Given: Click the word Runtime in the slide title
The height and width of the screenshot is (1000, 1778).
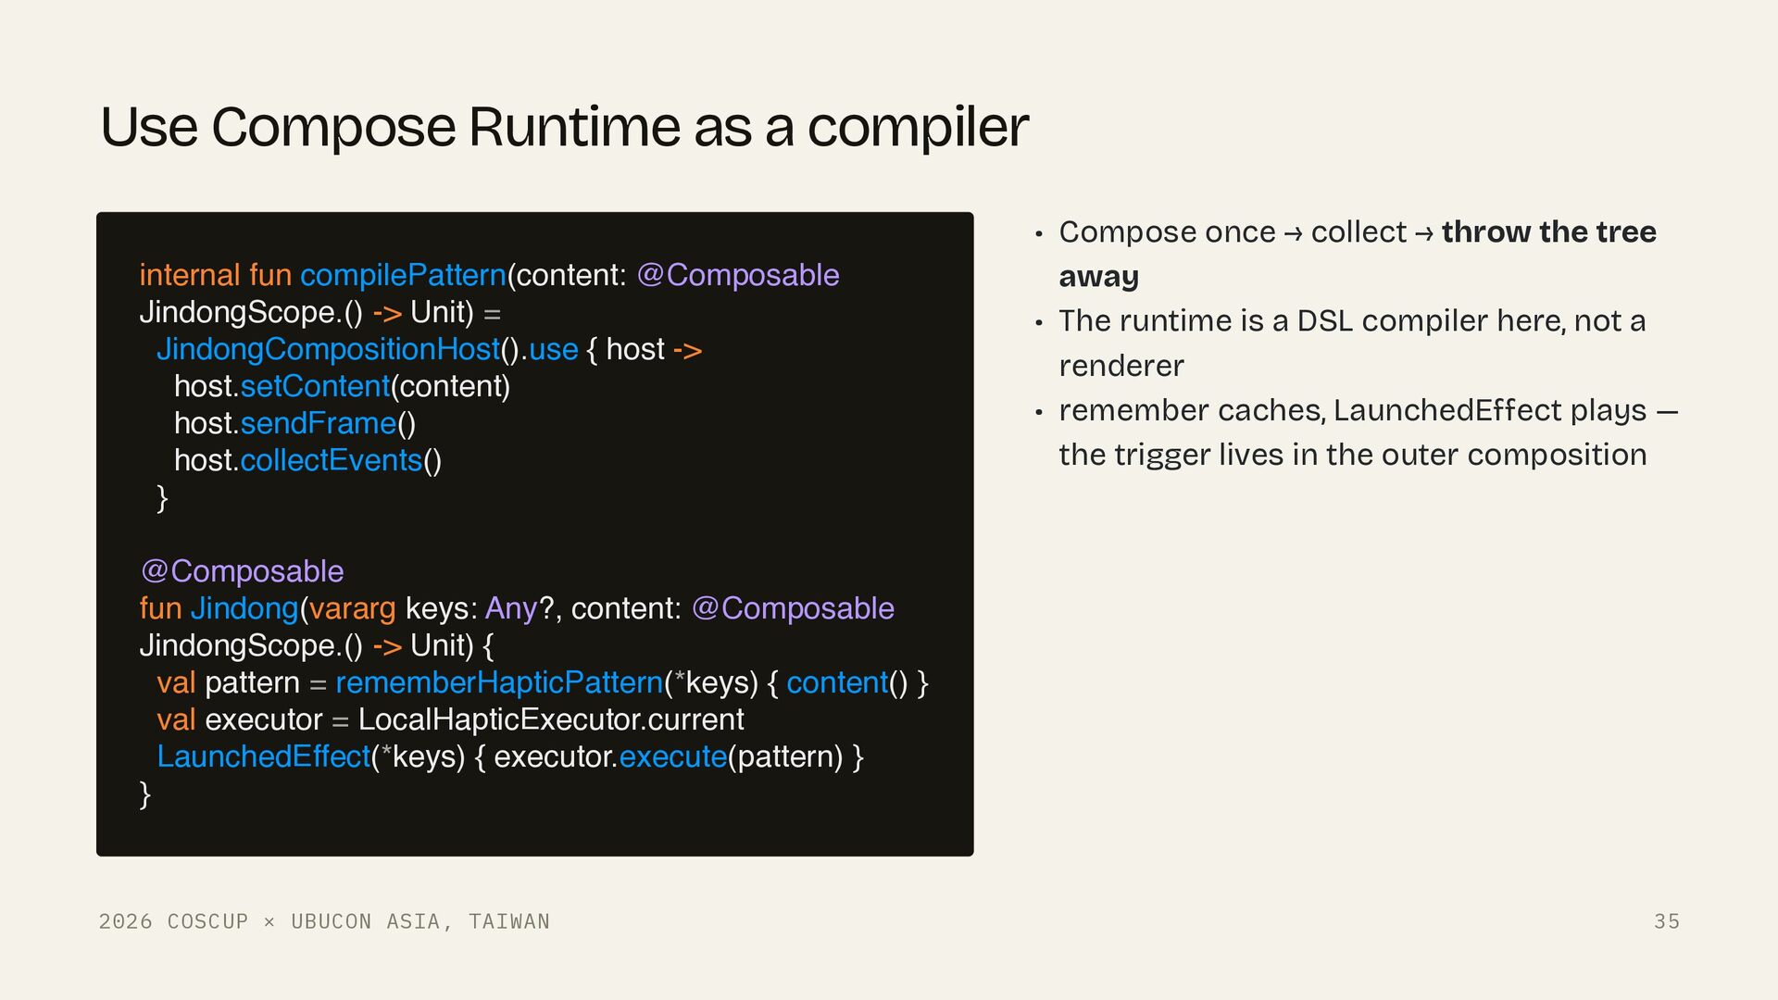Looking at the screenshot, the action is (x=574, y=127).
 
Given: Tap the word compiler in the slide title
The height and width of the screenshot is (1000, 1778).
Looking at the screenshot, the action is (x=918, y=129).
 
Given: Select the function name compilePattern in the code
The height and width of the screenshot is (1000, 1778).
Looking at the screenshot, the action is (x=403, y=276).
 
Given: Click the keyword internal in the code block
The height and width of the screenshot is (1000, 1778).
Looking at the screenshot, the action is (x=190, y=275).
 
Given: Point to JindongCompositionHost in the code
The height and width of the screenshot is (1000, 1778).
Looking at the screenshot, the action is (x=328, y=349).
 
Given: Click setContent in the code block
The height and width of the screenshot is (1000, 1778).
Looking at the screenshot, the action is (x=315, y=386).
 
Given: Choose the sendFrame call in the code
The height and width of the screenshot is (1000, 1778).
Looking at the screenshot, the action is (x=318, y=423).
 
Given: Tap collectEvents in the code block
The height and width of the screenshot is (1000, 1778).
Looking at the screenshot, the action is (x=331, y=460).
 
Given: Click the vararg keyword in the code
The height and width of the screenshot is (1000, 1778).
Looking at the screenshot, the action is (x=352, y=609).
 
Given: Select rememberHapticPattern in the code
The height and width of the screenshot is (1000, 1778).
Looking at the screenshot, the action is (x=499, y=682).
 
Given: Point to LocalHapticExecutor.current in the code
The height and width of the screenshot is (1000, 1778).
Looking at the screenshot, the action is (x=551, y=719).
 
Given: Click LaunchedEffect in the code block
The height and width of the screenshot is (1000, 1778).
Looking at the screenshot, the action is (x=263, y=756).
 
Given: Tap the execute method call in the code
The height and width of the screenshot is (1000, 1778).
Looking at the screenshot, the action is (x=673, y=757).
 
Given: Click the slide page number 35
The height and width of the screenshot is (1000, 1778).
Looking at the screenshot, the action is (x=1667, y=921).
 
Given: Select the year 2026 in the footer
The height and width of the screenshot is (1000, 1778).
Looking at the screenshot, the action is (x=125, y=921).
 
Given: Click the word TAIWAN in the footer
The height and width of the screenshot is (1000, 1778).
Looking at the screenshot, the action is (x=508, y=921).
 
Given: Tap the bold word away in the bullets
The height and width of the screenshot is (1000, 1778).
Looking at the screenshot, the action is (x=1098, y=277).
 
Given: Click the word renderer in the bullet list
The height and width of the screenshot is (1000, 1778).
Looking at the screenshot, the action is (x=1121, y=366).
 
